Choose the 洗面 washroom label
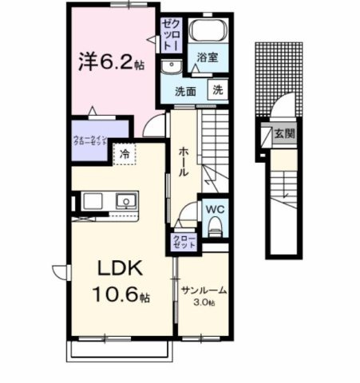click(x=186, y=91)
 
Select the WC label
click(x=214, y=211)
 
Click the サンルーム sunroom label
click(x=203, y=290)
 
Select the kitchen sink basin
click(x=125, y=199)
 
